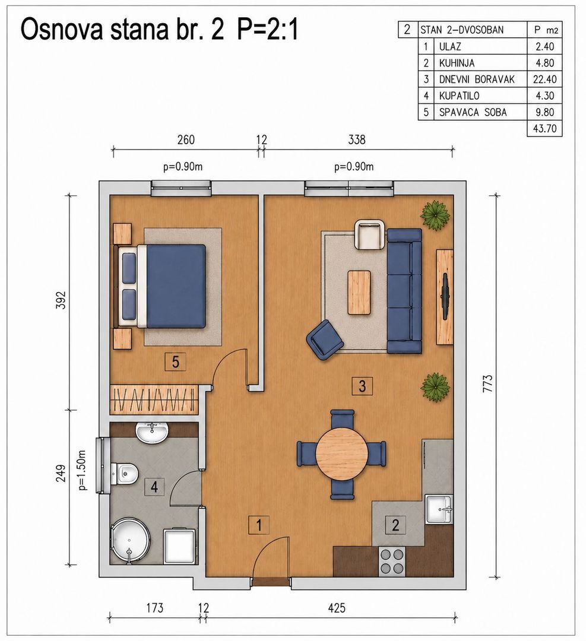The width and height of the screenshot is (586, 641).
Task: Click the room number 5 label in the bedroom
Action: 175,362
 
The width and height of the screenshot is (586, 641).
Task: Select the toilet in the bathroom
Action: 124,474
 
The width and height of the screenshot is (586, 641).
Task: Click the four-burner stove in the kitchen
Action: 392,561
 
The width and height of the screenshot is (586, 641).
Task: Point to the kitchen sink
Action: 439,509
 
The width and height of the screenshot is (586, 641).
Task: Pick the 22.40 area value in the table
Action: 544,79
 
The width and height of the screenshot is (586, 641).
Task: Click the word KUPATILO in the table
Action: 459,96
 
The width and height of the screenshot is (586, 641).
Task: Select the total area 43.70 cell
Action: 544,128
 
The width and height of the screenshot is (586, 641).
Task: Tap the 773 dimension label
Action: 488,384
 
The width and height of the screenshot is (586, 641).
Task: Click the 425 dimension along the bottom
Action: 337,608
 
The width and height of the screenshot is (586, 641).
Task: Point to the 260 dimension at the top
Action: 186,140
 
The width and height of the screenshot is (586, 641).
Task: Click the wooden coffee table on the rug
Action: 359,292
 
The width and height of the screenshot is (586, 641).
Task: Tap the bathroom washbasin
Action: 152,433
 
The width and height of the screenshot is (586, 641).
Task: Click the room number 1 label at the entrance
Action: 259,525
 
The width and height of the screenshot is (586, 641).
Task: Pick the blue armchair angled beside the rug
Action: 325,339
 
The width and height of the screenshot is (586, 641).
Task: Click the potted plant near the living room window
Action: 435,215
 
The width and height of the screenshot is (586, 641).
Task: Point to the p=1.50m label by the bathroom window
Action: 82,470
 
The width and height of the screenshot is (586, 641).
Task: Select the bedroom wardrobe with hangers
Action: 154,399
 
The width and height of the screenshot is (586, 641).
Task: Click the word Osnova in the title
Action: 62,30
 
